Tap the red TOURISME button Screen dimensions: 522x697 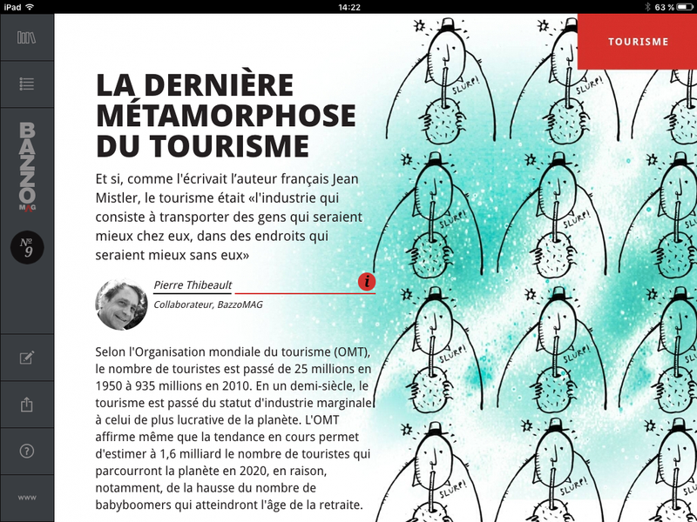[638, 41]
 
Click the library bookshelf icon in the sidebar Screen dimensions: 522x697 [26, 37]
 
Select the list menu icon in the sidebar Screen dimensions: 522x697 [26, 84]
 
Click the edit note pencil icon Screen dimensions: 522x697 [26, 358]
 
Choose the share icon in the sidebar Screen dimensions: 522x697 [26, 405]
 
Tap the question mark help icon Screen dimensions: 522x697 [26, 451]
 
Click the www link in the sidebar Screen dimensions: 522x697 [26, 498]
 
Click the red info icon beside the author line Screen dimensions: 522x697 [367, 281]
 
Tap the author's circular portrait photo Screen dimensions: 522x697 [121, 304]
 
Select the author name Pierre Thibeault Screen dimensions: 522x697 [193, 284]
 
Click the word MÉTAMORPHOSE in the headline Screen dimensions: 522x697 [226, 116]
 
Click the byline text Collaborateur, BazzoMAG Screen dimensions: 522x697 [207, 304]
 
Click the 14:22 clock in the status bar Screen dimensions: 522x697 [348, 7]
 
